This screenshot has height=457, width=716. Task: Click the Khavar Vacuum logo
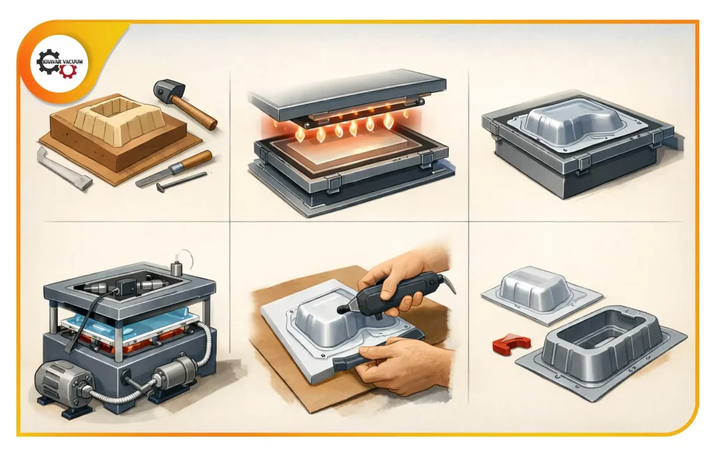tap(60, 63)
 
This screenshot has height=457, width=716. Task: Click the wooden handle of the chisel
tap(197, 159)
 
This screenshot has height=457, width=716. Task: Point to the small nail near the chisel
tap(181, 180)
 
